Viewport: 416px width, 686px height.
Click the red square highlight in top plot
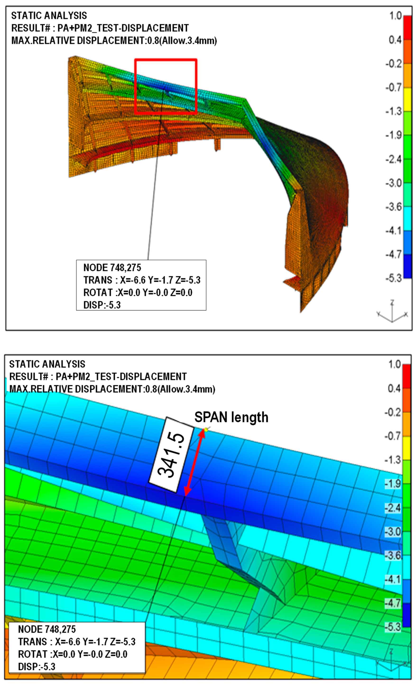point(166,60)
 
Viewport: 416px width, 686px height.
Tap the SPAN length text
point(231,417)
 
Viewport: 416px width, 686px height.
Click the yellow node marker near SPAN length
point(206,430)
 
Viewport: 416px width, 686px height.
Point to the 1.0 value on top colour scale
point(395,16)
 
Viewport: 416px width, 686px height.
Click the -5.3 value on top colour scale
point(393,278)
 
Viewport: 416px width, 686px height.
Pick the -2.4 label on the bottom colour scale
point(393,508)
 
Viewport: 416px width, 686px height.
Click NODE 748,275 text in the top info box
point(112,268)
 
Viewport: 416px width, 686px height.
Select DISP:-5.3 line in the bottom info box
point(37,667)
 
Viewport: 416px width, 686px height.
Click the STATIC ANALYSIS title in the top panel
point(49,16)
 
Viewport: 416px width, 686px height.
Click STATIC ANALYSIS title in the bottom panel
point(47,364)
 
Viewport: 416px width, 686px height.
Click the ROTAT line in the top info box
point(138,293)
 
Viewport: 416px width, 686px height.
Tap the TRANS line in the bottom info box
point(77,642)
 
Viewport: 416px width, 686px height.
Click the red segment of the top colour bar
point(407,28)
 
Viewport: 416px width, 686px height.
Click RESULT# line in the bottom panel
point(98,376)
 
